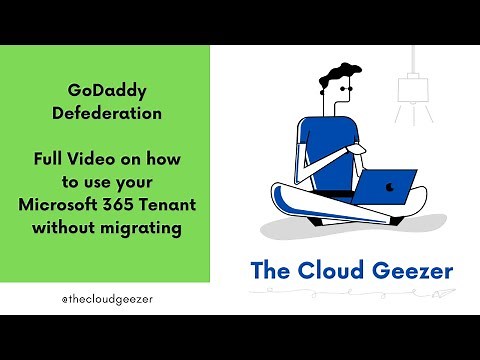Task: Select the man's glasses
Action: tap(345, 89)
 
